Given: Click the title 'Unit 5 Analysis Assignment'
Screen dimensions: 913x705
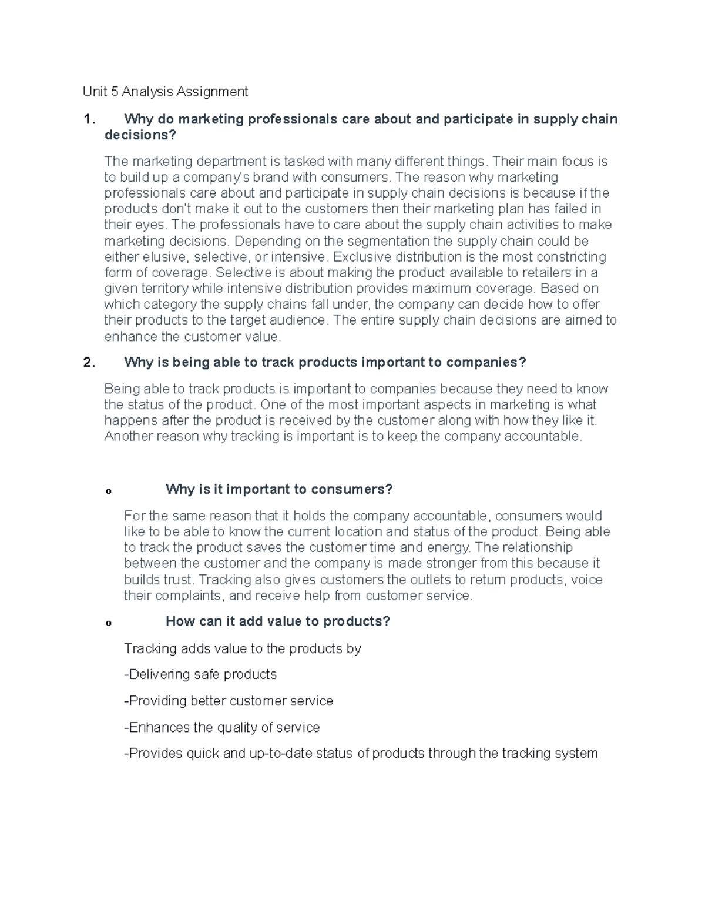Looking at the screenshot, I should pyautogui.click(x=165, y=92).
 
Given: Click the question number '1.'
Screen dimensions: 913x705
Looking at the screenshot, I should pyautogui.click(x=89, y=119).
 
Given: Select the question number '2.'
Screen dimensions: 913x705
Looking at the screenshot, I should pyautogui.click(x=89, y=362).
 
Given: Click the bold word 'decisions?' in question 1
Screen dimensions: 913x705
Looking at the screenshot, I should pyautogui.click(x=140, y=135).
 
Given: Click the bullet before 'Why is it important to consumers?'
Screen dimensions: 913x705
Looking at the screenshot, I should pyautogui.click(x=108, y=491).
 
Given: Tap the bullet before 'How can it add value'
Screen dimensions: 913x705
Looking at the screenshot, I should pyautogui.click(x=108, y=623).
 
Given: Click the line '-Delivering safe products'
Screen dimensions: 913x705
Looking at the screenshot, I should pyautogui.click(x=200, y=674).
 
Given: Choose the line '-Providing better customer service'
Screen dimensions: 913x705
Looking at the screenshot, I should pyautogui.click(x=229, y=701).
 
